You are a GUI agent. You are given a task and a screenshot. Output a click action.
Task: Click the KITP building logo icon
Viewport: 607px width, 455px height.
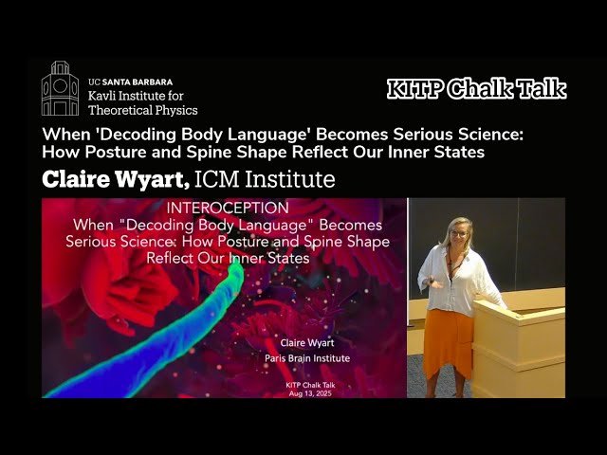pyautogui.click(x=60, y=89)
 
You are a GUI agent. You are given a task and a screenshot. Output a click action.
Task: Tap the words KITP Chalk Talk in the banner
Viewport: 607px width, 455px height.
pyautogui.click(x=476, y=89)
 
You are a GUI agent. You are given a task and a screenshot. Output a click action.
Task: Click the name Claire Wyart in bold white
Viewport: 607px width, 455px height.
pyautogui.click(x=113, y=179)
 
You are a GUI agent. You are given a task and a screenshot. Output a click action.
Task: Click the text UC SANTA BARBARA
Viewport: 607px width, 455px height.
pyautogui.click(x=127, y=82)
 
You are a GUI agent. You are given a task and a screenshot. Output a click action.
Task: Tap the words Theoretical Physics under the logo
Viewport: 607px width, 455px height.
pyautogui.click(x=142, y=110)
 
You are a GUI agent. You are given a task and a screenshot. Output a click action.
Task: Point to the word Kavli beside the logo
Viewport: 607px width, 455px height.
pyautogui.click(x=102, y=96)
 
